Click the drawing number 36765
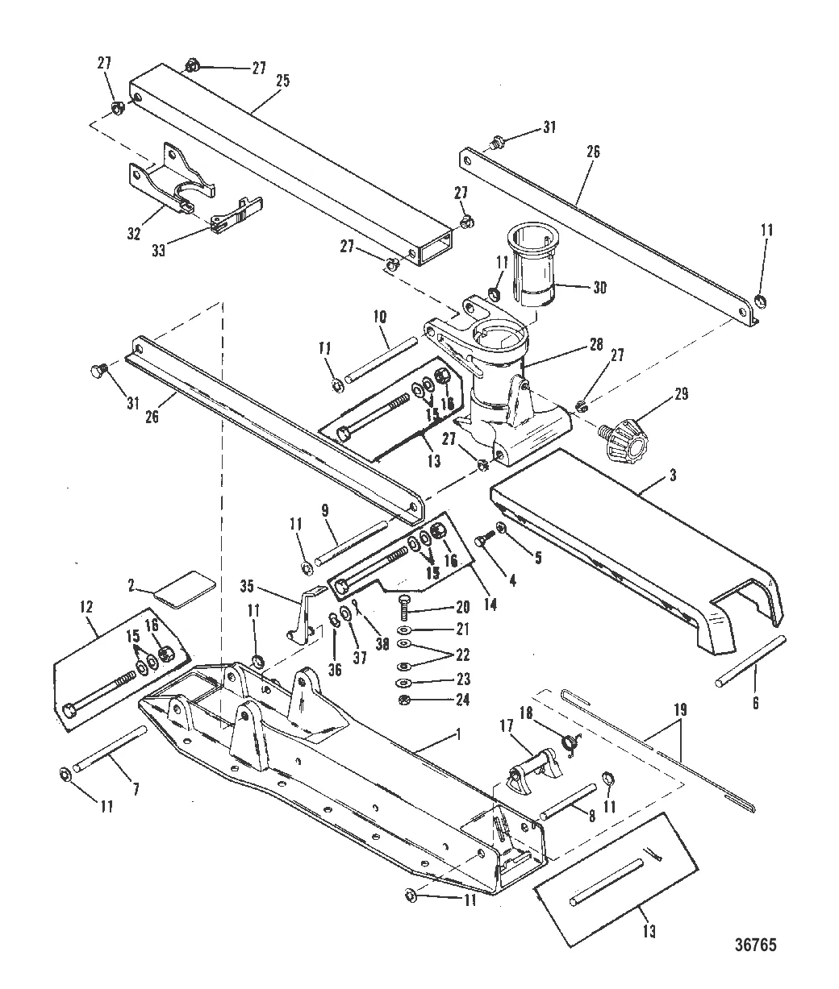(x=756, y=945)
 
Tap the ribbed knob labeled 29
(x=622, y=438)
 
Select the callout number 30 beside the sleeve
(x=599, y=288)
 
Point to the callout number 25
(x=282, y=81)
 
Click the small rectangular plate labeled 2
(x=185, y=589)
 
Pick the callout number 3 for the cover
(x=673, y=475)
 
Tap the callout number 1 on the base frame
(x=458, y=734)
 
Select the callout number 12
(x=86, y=607)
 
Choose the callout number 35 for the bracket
(x=247, y=586)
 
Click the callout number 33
(x=158, y=250)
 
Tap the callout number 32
(x=134, y=234)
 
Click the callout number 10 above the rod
(x=380, y=317)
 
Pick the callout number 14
(x=490, y=605)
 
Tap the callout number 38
(x=382, y=644)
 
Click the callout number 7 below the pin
(x=136, y=789)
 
